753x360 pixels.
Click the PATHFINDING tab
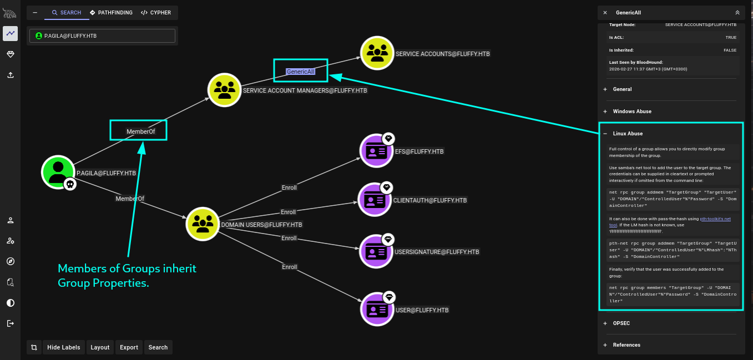click(111, 12)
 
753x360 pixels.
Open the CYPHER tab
click(155, 12)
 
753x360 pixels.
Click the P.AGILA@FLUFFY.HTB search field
click(103, 36)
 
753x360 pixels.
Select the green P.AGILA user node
click(58, 172)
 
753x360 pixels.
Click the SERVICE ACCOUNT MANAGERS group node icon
click(224, 89)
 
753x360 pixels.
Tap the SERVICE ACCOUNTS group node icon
click(377, 53)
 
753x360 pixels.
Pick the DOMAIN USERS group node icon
click(202, 224)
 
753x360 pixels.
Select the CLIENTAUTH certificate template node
click(375, 200)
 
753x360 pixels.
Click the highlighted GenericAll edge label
click(300, 72)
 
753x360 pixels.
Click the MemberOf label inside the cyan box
click(140, 131)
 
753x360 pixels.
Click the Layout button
click(100, 347)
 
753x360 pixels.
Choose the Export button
click(129, 347)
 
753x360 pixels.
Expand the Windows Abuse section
click(632, 111)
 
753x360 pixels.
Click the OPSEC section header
click(621, 323)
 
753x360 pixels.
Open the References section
click(626, 345)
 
